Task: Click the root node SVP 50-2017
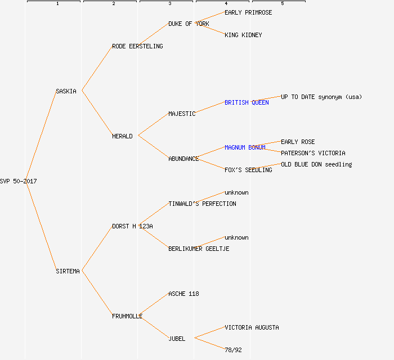[x=19, y=181]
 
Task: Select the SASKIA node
[x=66, y=91]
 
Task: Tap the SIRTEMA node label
[x=68, y=271]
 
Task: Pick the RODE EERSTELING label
[x=137, y=46]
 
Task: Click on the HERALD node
[x=122, y=136]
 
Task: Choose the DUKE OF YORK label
[x=189, y=24]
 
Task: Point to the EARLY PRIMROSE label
[x=248, y=12]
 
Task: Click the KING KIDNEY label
[x=243, y=35]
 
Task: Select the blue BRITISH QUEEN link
[x=247, y=102]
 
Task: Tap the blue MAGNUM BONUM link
[x=245, y=147]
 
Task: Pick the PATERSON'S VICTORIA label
[x=313, y=153]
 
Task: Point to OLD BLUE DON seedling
[x=316, y=164]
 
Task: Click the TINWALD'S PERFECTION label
[x=202, y=204]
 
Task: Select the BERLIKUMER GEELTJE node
[x=199, y=249]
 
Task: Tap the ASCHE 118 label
[x=183, y=294]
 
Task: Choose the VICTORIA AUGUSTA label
[x=252, y=327]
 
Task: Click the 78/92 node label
[x=233, y=350]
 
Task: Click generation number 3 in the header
[x=169, y=4]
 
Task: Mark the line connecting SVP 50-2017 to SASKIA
[x=41, y=136]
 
